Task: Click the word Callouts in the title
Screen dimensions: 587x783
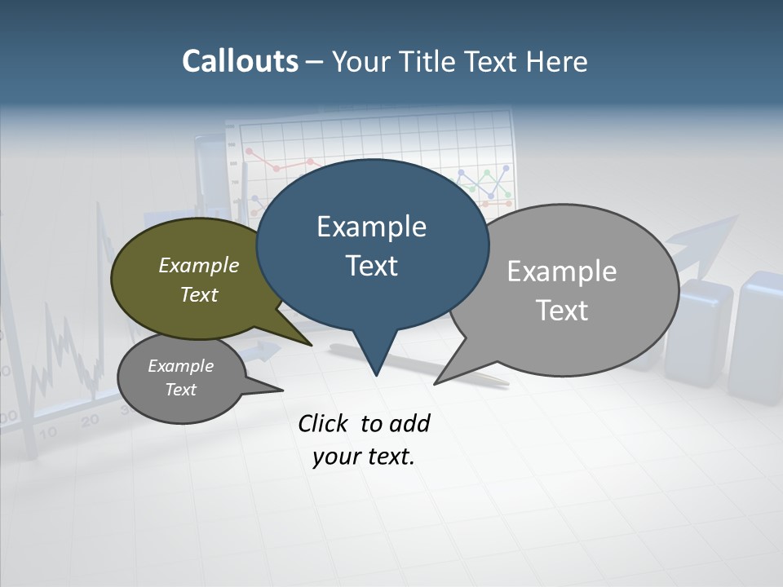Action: [x=240, y=61]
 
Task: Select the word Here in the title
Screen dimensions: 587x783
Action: [x=558, y=61]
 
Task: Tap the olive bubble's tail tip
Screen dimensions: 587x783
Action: [x=311, y=345]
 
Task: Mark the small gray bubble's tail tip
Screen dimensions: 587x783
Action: [x=282, y=391]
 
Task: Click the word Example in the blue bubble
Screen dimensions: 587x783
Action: [x=371, y=227]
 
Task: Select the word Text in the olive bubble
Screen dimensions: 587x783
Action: [x=198, y=294]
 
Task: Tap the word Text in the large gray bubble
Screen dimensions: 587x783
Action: [x=562, y=310]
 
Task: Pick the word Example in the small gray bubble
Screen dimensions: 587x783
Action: [x=180, y=366]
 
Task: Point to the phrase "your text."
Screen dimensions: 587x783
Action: [x=364, y=457]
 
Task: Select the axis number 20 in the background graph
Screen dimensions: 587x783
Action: [x=90, y=420]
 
